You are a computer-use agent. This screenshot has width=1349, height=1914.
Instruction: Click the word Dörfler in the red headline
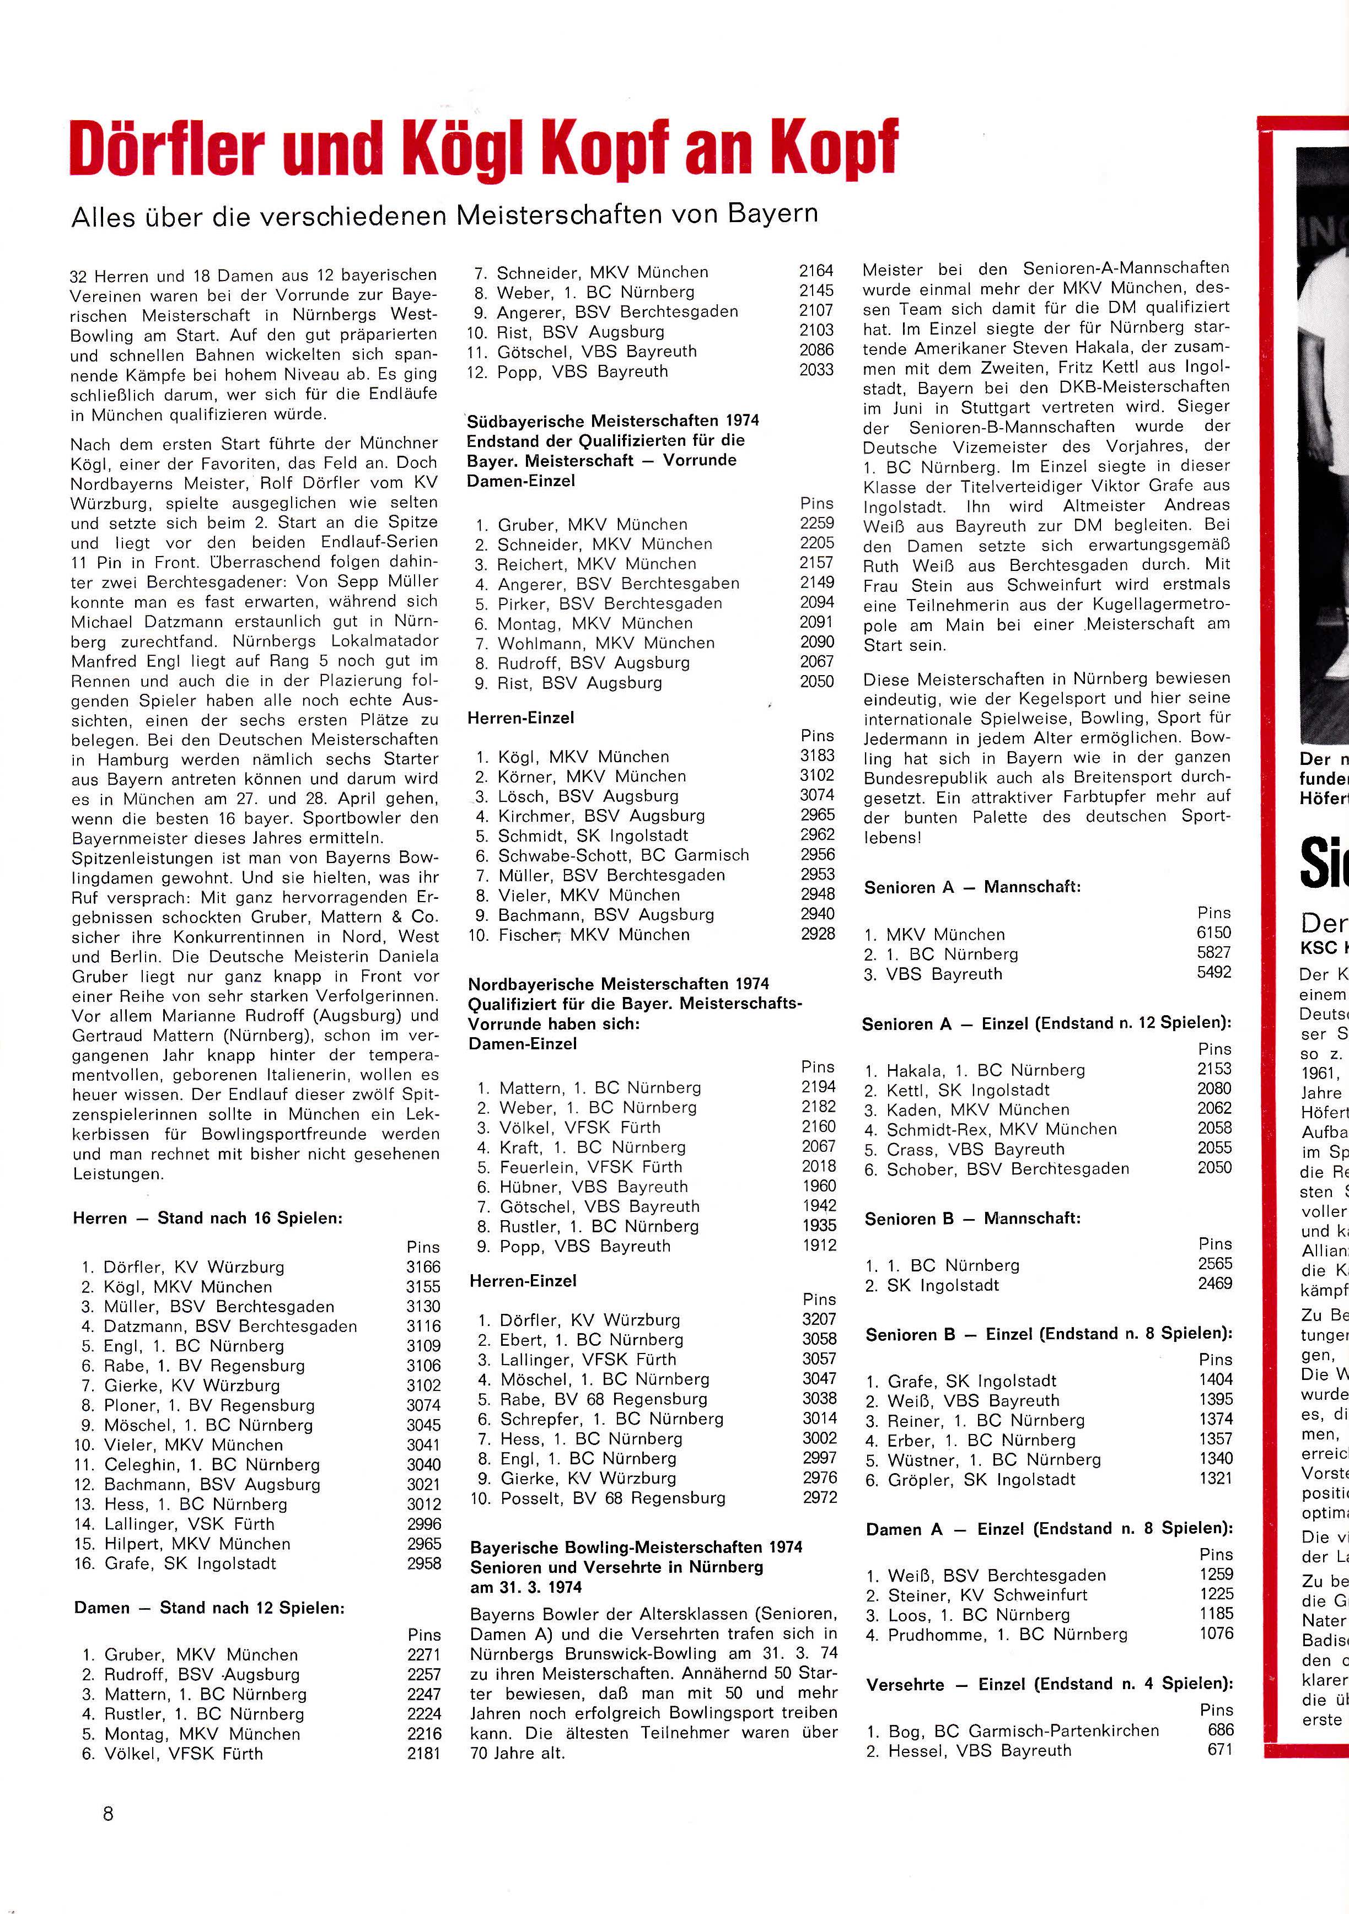(x=166, y=148)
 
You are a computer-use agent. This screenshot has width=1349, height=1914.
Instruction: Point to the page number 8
(x=108, y=1813)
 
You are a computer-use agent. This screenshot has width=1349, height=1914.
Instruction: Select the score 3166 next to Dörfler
(x=423, y=1266)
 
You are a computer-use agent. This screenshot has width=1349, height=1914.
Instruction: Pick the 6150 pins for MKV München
(x=1214, y=933)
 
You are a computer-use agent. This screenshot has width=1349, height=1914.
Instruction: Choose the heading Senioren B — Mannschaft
(x=972, y=1219)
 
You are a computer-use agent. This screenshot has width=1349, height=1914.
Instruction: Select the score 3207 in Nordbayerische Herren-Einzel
(x=820, y=1319)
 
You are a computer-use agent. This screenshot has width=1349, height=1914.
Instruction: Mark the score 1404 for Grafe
(x=1216, y=1379)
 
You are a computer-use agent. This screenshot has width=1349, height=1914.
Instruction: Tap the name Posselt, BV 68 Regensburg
(x=613, y=1498)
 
